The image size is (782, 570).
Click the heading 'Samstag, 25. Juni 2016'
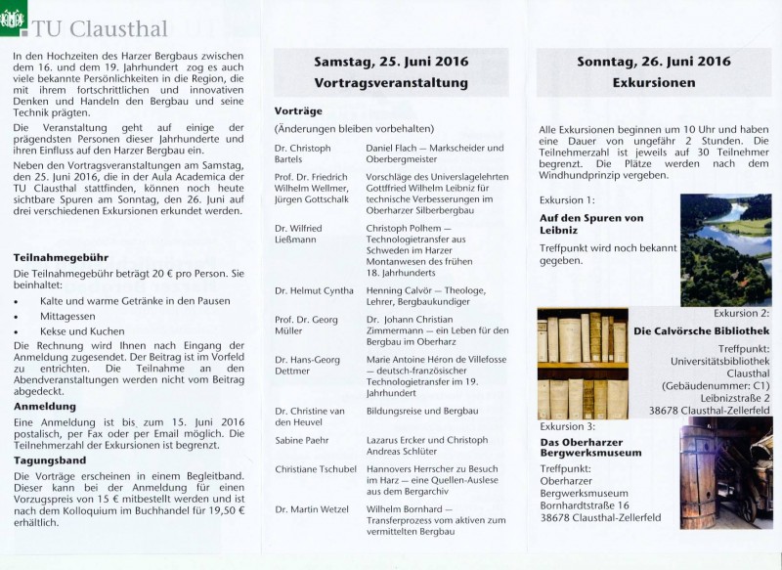pyautogui.click(x=390, y=62)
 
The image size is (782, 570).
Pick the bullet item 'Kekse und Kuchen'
pyautogui.click(x=82, y=331)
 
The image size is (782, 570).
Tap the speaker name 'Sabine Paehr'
pyautogui.click(x=302, y=441)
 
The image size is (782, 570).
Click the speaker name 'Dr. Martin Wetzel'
pyautogui.click(x=313, y=509)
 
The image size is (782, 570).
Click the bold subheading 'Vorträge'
pyautogui.click(x=297, y=110)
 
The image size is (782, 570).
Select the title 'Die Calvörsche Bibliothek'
pyautogui.click(x=701, y=331)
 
